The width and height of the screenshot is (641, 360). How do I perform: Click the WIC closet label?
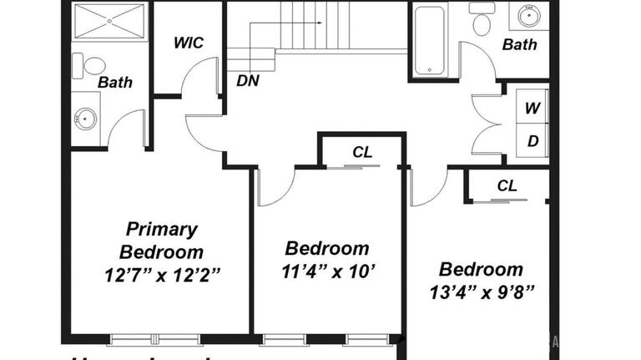(188, 43)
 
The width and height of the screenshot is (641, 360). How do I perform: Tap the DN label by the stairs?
(247, 81)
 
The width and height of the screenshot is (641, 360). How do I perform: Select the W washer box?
(532, 108)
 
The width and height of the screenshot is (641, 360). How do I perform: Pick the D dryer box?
(532, 141)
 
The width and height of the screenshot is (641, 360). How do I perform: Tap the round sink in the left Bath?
(85, 119)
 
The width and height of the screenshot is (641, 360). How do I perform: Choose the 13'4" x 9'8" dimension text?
(482, 292)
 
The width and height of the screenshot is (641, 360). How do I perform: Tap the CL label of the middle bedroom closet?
(362, 152)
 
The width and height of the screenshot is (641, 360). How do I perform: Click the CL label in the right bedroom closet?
(507, 185)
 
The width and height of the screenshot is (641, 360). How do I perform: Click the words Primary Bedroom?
(161, 240)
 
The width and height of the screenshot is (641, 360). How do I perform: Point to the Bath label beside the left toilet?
(115, 82)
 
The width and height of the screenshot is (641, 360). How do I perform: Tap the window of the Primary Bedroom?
(156, 339)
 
